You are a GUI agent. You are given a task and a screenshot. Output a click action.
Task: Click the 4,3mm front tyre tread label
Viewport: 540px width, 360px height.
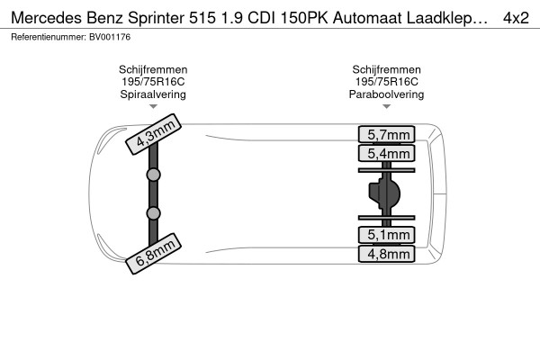(x=153, y=134)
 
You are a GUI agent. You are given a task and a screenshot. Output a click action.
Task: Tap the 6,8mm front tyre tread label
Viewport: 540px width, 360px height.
(x=153, y=254)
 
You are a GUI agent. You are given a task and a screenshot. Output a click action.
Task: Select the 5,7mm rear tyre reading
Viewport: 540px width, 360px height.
(x=386, y=134)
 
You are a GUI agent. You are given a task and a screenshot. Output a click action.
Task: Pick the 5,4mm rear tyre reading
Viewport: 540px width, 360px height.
(x=386, y=153)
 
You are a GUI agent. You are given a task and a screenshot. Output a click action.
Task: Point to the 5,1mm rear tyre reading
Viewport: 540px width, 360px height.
(x=386, y=235)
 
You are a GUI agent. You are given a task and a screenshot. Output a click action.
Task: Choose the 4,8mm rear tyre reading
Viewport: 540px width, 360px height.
(x=386, y=254)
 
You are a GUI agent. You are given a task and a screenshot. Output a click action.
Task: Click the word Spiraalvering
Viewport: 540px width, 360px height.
(x=153, y=94)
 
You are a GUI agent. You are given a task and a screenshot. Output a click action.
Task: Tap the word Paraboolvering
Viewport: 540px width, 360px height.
(x=386, y=94)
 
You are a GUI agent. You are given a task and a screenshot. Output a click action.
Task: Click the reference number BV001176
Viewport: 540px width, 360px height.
(x=110, y=37)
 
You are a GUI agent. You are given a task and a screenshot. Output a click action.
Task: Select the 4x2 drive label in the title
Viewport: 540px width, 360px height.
(x=516, y=18)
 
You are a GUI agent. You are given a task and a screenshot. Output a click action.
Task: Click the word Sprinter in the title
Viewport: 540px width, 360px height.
(x=157, y=18)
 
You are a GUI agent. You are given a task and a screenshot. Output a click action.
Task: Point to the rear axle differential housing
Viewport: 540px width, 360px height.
(x=384, y=193)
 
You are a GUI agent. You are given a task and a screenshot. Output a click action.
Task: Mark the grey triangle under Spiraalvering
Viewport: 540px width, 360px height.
(x=153, y=106)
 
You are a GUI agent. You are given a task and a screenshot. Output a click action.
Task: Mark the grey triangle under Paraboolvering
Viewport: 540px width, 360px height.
(x=386, y=106)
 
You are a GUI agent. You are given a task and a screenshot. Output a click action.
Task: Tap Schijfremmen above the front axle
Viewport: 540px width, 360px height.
(x=153, y=69)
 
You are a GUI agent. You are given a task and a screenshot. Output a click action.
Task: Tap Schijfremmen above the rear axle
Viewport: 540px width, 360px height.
(x=386, y=69)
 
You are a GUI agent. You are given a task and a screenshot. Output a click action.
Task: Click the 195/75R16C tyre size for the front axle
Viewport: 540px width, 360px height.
(x=153, y=82)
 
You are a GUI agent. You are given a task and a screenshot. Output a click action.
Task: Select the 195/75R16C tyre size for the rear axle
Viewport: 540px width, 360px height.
(x=386, y=82)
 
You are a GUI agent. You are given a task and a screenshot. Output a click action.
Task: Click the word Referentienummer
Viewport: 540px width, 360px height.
(x=48, y=37)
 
